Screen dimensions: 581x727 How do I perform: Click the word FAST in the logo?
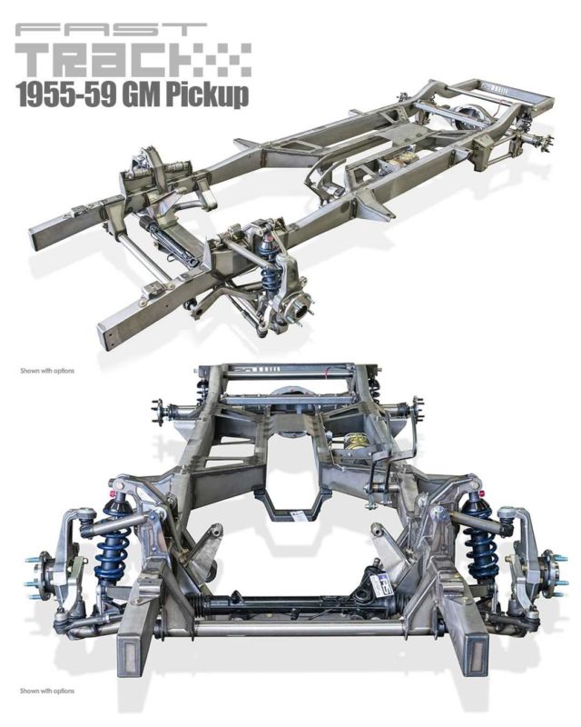111,30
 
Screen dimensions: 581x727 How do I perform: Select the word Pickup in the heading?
206,95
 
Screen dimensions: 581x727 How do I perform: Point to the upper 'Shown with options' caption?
47,371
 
